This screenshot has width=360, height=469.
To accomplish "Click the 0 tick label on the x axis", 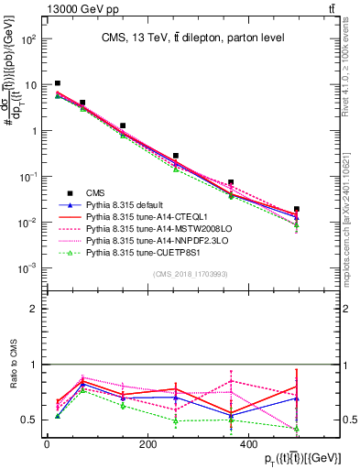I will [47, 444].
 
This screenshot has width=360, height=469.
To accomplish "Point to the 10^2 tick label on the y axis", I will [29, 39].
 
